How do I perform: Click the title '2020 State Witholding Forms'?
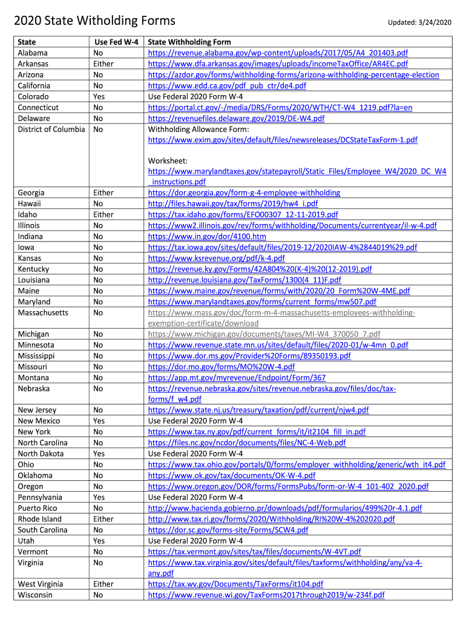[94, 21]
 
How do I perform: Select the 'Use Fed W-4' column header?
[116, 42]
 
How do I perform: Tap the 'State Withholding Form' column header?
[189, 42]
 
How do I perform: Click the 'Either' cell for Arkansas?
[103, 64]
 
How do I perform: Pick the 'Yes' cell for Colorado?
[99, 97]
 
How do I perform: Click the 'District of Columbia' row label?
[51, 130]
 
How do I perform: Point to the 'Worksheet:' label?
[168, 161]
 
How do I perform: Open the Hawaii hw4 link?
[233, 204]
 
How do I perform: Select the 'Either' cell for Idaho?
[103, 215]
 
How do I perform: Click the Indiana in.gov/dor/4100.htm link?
[207, 237]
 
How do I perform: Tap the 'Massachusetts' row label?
[43, 313]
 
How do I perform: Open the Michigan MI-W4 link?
[264, 334]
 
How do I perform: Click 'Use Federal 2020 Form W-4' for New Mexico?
[195, 421]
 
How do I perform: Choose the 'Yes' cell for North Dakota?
[99, 454]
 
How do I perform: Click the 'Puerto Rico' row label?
[38, 509]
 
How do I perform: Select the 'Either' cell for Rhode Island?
[103, 519]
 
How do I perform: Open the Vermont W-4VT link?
[254, 552]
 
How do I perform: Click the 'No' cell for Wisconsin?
[98, 596]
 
